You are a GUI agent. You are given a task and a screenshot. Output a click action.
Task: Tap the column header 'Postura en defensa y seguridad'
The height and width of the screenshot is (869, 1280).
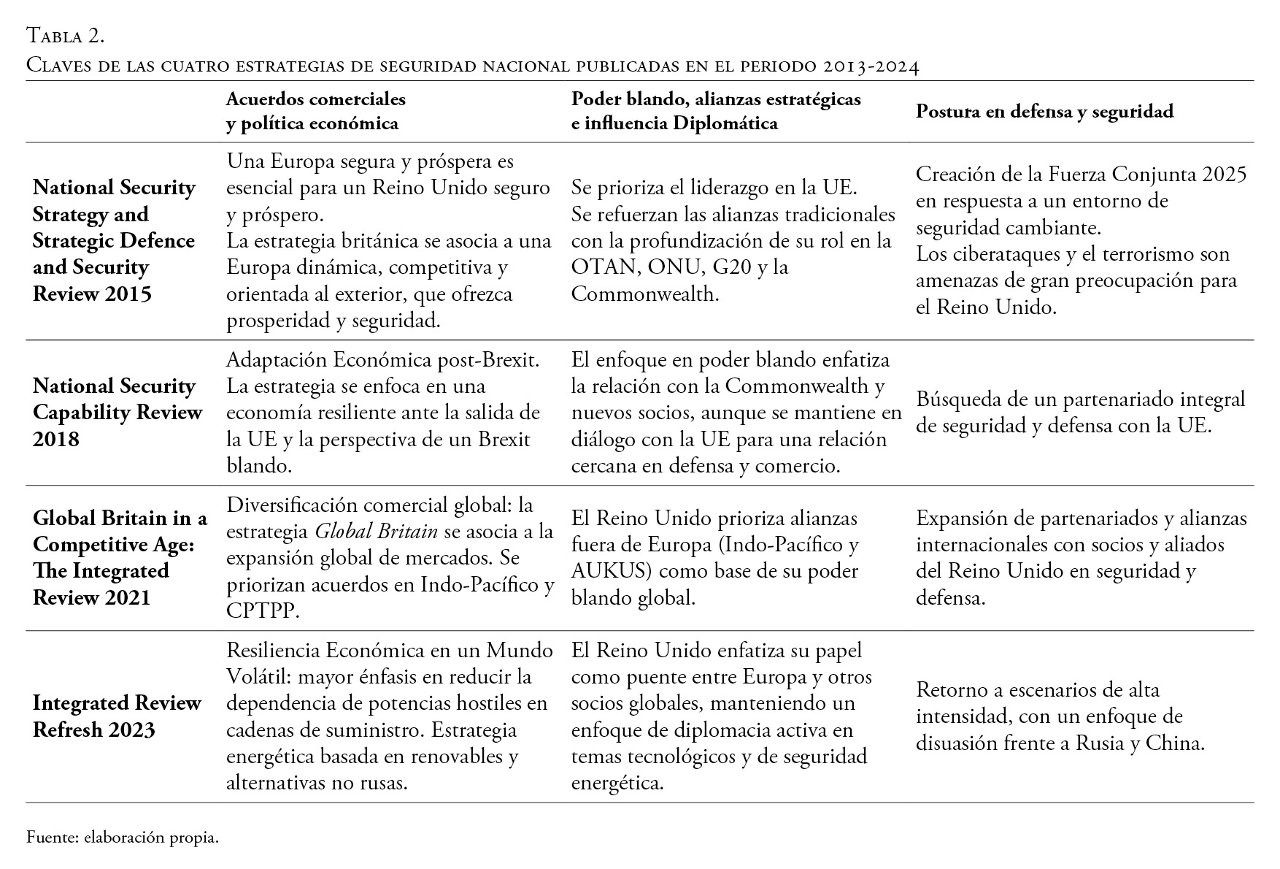pyautogui.click(x=1044, y=111)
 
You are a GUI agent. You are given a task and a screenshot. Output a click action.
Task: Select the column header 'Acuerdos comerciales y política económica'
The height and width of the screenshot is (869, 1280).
pyautogui.click(x=315, y=111)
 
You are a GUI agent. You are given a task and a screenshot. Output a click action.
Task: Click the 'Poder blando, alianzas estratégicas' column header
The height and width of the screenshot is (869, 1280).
pyautogui.click(x=715, y=99)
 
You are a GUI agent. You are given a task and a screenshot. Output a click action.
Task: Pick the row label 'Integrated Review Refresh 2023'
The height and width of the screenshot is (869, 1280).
pyautogui.click(x=117, y=716)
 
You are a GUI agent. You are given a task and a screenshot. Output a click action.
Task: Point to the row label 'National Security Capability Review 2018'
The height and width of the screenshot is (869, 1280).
pyautogui.click(x=117, y=412)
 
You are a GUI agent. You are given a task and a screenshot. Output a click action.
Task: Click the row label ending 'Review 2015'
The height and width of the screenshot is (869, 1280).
pyautogui.click(x=92, y=294)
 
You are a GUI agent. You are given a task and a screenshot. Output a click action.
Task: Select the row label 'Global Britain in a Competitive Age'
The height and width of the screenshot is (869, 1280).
pyautogui.click(x=120, y=531)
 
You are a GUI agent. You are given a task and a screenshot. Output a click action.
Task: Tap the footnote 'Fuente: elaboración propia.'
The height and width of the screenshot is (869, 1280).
pyautogui.click(x=123, y=838)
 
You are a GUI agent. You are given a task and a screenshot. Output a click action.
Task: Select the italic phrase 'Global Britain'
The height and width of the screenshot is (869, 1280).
pyautogui.click(x=376, y=532)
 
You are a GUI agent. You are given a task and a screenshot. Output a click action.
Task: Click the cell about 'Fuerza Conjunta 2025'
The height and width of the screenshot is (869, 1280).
pyautogui.click(x=1081, y=240)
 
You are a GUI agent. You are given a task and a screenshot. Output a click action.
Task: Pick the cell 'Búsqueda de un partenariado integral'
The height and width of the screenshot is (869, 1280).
pyautogui.click(x=1080, y=413)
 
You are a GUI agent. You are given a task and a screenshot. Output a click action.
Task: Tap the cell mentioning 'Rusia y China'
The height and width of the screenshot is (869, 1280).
pyautogui.click(x=1060, y=716)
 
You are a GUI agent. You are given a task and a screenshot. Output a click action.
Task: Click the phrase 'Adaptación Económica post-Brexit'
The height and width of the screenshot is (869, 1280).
pyautogui.click(x=382, y=359)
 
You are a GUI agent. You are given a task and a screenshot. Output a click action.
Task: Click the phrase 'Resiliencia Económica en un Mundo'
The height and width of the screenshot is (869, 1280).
pyautogui.click(x=390, y=651)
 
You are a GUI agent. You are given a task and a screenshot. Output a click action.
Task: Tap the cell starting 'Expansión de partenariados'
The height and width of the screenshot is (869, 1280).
pyautogui.click(x=1081, y=558)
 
